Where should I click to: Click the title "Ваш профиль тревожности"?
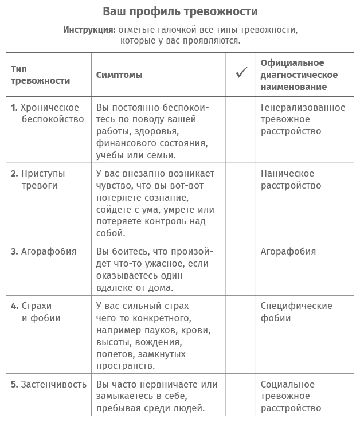click(180, 11)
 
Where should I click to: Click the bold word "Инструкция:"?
click(89, 29)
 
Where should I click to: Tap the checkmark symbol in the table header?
click(241, 73)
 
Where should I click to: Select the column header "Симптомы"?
click(119, 75)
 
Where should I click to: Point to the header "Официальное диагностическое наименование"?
click(299, 75)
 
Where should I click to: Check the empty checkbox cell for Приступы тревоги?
click(241, 202)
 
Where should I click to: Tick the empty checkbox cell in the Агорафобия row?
click(241, 269)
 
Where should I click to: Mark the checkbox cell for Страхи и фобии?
click(241, 335)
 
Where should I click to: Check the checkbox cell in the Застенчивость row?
click(241, 395)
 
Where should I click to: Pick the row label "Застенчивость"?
click(53, 384)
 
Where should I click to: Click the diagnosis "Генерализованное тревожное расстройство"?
click(303, 119)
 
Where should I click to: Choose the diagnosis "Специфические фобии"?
click(296, 312)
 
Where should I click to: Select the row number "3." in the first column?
click(14, 252)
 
